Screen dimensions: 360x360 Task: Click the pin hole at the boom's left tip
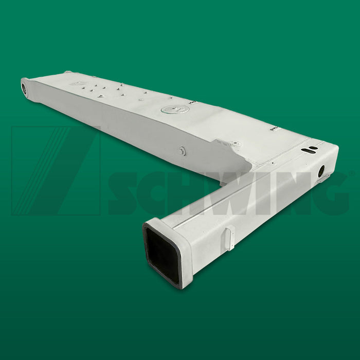tap(24, 88)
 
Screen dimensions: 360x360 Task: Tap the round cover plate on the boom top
tap(175, 110)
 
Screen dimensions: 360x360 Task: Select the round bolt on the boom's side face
tap(183, 151)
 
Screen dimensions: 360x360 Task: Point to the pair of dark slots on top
tap(310, 150)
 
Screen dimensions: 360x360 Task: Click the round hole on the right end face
tap(321, 171)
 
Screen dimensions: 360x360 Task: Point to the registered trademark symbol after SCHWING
tap(352, 174)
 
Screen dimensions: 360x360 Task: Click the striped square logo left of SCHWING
tap(56, 170)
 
